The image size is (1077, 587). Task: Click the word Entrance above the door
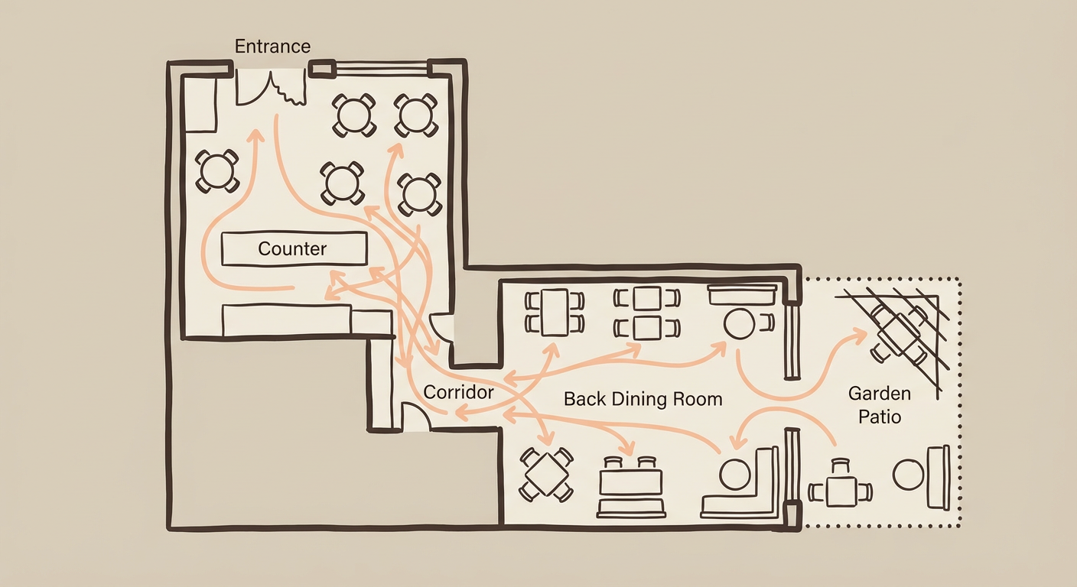[272, 46]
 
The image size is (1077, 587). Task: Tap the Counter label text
[292, 248]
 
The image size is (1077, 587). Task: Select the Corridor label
[458, 392]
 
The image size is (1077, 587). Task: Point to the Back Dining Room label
[643, 399]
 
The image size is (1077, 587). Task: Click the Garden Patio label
[879, 405]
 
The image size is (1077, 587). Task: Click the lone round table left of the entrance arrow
[216, 170]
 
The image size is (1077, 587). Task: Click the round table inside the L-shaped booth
[734, 475]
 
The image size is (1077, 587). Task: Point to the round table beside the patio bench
[908, 475]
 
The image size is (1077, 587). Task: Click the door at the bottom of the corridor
[414, 417]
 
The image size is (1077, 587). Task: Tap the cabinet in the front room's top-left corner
[201, 105]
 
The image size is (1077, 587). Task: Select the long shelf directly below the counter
[287, 320]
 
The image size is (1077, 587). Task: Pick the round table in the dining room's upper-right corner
[740, 323]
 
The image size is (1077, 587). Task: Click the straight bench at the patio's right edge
[939, 477]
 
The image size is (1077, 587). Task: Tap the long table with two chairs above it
[630, 482]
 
